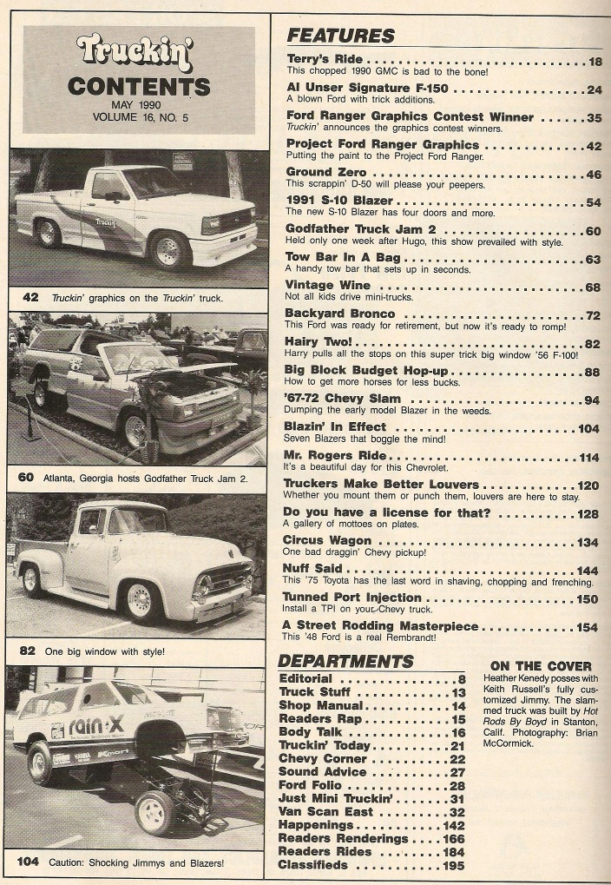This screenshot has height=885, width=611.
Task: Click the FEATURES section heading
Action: pos(340,36)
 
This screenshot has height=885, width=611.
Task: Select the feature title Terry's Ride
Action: pos(325,60)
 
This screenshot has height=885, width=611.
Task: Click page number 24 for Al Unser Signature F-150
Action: pos(594,89)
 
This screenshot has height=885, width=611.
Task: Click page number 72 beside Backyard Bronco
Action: pos(594,314)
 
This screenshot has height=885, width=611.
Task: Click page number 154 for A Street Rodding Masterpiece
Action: pos(588,626)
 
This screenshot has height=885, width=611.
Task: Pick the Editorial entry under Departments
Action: pos(306,679)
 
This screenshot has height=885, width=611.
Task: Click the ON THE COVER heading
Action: pos(541,666)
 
